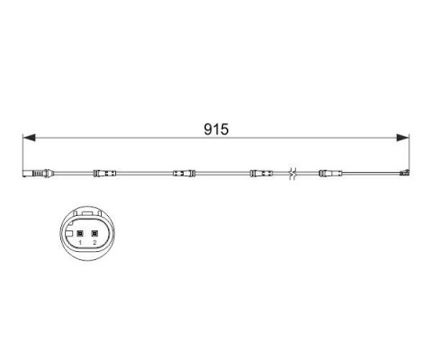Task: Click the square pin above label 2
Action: click(94, 232)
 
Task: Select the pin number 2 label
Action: click(94, 243)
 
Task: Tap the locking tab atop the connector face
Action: click(86, 217)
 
